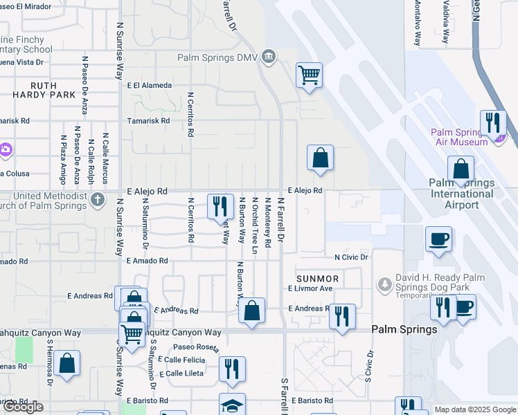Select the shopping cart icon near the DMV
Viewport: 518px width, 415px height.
click(x=309, y=74)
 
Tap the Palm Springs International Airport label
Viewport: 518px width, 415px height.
click(x=461, y=194)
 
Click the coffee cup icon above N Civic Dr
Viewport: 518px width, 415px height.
click(x=438, y=240)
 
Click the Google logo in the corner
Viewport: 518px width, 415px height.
click(x=23, y=407)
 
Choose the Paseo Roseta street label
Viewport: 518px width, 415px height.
click(x=196, y=347)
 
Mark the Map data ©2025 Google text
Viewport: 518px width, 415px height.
click(x=474, y=409)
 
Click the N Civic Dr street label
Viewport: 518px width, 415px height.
click(x=351, y=257)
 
